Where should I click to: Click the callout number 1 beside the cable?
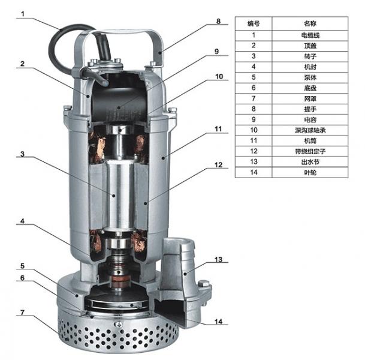[23, 14]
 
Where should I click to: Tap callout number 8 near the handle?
[218, 21]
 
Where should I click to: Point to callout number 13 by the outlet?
[218, 259]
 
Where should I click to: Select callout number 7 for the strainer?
[22, 313]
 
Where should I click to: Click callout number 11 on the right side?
[218, 129]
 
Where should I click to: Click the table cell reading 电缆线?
[310, 35]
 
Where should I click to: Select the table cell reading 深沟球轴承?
[310, 130]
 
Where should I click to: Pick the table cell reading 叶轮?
[310, 172]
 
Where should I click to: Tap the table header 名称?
[310, 23]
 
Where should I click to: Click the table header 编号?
[254, 23]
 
